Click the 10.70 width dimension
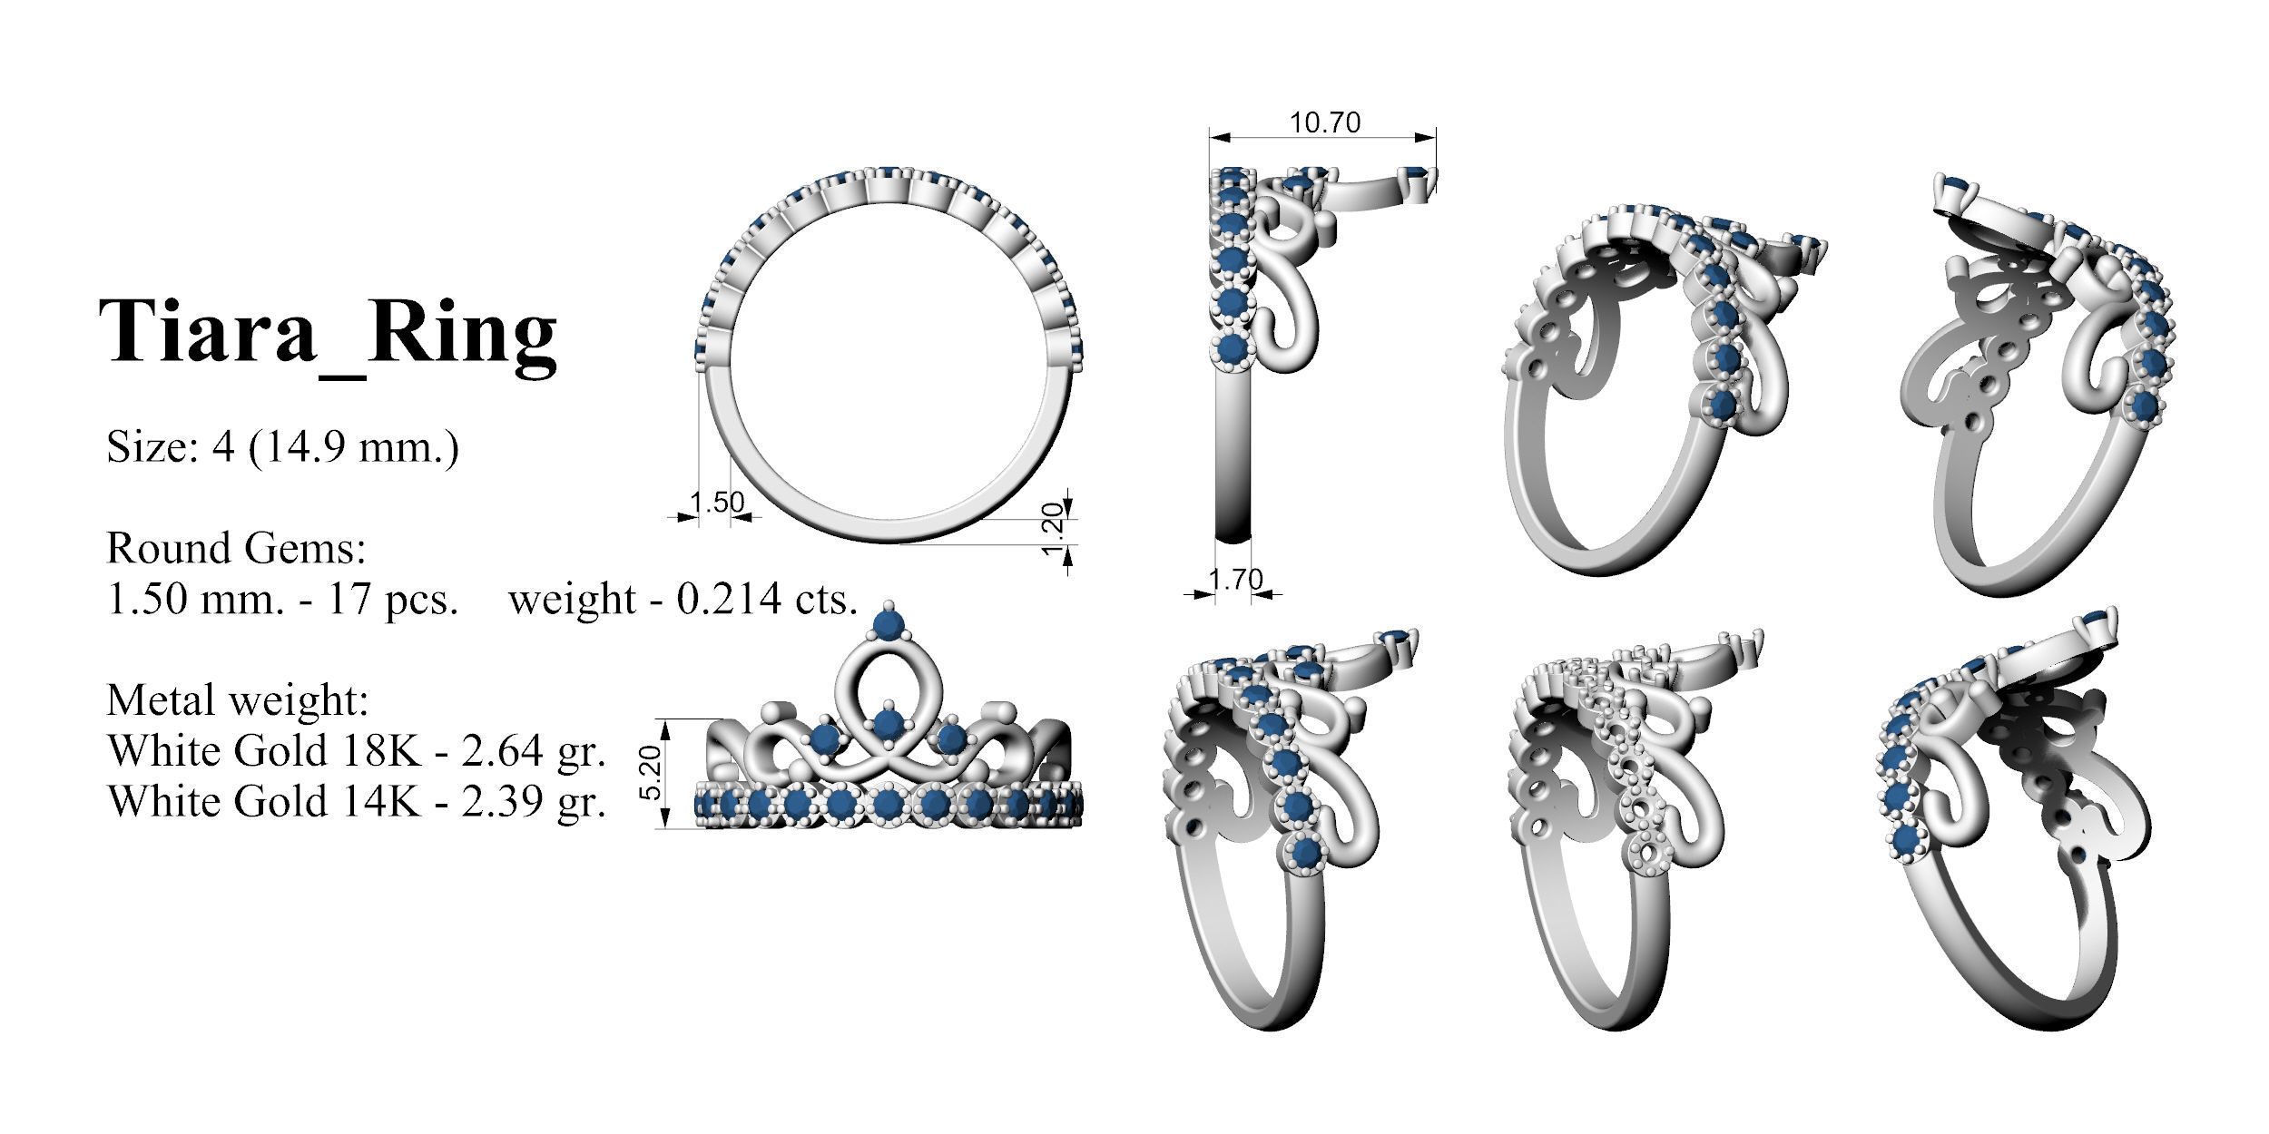click(1325, 122)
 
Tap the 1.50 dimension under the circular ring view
click(716, 502)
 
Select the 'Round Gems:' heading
click(236, 548)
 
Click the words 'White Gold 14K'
click(264, 802)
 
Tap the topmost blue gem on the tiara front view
click(887, 623)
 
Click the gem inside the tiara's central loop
click(889, 723)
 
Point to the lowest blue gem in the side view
click(1233, 349)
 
